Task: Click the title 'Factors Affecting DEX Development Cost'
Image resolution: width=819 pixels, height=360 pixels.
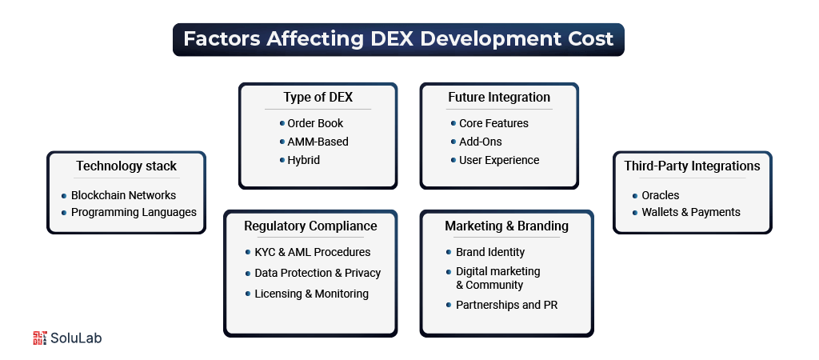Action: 398,38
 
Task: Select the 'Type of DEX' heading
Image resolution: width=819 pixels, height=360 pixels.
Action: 318,98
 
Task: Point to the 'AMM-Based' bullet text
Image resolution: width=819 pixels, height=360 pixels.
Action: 318,142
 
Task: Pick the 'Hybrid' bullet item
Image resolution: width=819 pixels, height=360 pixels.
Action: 303,160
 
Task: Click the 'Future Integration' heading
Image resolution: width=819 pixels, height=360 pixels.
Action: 499,98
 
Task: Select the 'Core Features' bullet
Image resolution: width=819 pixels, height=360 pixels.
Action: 493,123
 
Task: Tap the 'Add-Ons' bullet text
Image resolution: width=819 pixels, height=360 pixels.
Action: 481,142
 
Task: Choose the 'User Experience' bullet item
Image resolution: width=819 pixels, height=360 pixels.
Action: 499,160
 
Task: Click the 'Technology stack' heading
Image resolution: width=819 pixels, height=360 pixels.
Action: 126,166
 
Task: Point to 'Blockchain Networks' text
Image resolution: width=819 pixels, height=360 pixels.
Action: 123,194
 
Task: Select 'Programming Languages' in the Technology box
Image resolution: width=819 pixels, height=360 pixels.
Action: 134,212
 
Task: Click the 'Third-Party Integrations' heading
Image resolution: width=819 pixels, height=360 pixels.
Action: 692,166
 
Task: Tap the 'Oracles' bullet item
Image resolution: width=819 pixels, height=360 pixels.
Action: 661,194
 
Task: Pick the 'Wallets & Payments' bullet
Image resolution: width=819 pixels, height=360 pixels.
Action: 690,212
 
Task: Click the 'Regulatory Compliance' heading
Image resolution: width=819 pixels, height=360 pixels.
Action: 310,226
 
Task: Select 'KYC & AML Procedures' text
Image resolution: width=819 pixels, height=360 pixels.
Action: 313,252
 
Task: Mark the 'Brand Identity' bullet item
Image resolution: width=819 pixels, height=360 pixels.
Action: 491,252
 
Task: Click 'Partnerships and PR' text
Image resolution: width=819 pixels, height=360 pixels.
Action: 506,305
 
